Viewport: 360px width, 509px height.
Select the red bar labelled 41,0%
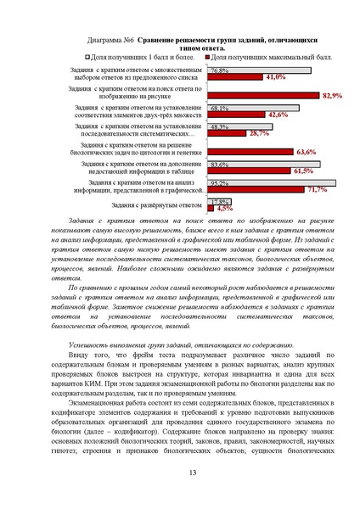tap(235, 76)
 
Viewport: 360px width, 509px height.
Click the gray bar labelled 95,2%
tap(272, 183)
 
